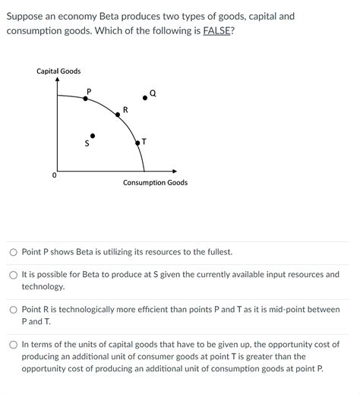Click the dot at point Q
[145, 98]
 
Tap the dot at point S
[93, 136]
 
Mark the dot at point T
[137, 142]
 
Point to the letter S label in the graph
[87, 143]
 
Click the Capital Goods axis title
[58, 71]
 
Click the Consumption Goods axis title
[155, 183]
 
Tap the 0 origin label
[54, 175]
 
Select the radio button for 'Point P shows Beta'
[14, 252]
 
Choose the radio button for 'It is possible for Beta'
[14, 275]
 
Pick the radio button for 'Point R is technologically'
[14, 310]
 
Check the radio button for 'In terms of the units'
[14, 345]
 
